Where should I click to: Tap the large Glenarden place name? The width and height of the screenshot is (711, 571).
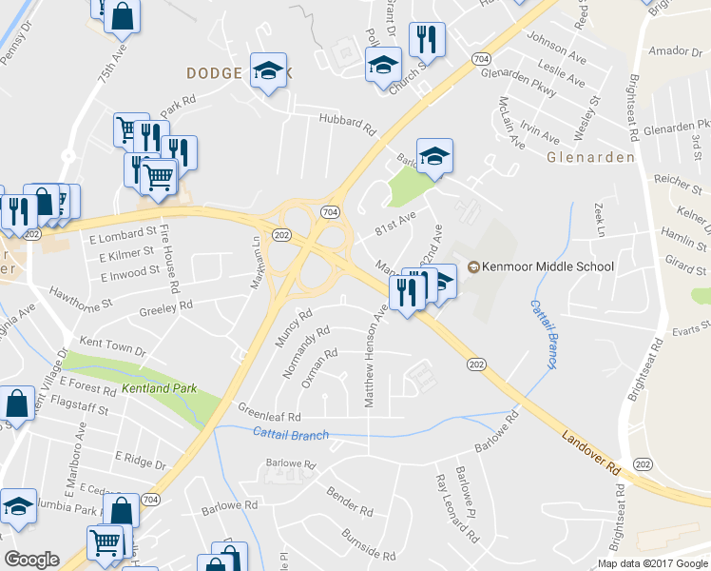[590, 157]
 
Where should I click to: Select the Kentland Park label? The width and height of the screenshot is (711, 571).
[159, 389]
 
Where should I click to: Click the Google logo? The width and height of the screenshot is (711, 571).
[31, 561]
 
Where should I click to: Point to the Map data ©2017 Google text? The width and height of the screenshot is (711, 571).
[651, 563]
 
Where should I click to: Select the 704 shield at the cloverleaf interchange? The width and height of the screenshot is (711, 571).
[329, 210]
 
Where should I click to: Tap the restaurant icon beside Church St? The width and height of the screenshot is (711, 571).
[422, 40]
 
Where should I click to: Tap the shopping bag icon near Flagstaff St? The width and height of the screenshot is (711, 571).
[18, 404]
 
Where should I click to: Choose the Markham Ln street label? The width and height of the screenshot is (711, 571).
[256, 252]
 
